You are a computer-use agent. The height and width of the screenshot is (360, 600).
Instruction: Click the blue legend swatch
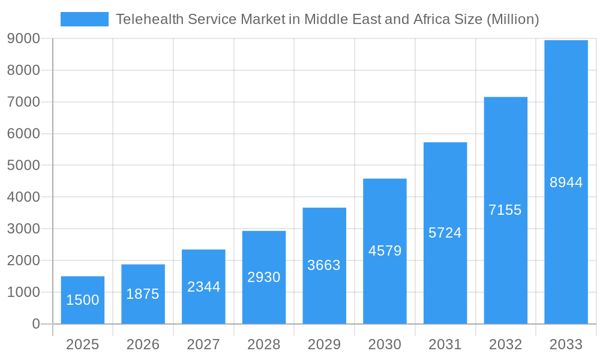[x=85, y=19]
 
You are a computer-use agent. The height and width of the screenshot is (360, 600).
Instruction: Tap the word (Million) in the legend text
[x=512, y=19]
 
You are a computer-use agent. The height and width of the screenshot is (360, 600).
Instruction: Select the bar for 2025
[x=83, y=300]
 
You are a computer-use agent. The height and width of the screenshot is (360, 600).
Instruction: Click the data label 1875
[x=143, y=294]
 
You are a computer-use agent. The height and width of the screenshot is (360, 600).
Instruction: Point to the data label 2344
[x=203, y=287]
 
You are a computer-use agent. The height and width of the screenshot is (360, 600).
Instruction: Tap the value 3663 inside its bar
[x=324, y=265]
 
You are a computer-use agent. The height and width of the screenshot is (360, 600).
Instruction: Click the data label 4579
[x=385, y=251]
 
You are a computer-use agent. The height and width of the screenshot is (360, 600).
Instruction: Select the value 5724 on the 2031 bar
[x=445, y=233]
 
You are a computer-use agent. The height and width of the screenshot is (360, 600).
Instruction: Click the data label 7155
[x=505, y=210]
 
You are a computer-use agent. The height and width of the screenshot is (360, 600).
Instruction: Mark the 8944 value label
[x=566, y=182]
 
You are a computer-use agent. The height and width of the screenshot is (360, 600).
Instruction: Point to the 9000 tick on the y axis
[x=23, y=38]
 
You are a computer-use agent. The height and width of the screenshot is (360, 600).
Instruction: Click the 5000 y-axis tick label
[x=23, y=165]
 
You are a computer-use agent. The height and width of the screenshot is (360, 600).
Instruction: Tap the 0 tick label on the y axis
[x=35, y=324]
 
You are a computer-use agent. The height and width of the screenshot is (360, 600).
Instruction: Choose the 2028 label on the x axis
[x=264, y=344]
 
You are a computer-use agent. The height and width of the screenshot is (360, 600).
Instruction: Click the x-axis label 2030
[x=385, y=344]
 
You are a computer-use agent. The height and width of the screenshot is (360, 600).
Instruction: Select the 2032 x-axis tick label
[x=505, y=344]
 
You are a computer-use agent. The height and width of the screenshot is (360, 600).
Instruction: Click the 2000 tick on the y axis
[x=23, y=260]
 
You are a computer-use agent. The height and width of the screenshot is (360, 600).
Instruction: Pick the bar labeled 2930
[x=264, y=277]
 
